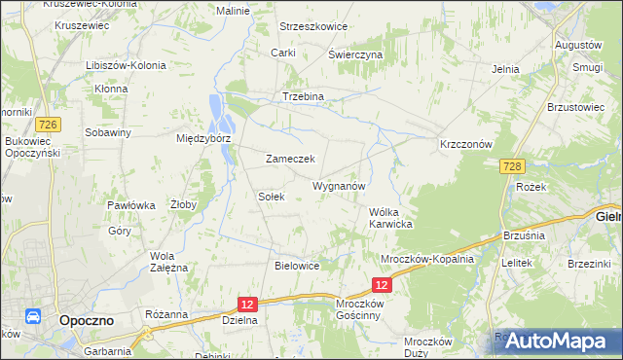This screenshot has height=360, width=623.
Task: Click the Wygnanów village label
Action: click(x=339, y=185)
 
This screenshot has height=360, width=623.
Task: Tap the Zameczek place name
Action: click(x=289, y=159)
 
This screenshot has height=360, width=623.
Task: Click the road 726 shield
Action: click(x=46, y=125)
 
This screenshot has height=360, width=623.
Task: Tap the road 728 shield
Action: click(x=515, y=167)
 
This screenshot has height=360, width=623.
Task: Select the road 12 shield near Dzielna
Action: click(x=247, y=305)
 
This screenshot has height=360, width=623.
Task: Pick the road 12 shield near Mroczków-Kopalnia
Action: click(x=382, y=284)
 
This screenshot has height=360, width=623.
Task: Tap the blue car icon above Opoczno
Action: click(x=31, y=317)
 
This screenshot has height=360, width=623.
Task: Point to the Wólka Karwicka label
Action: click(x=391, y=218)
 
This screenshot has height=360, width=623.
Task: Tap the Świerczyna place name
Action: click(x=354, y=55)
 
